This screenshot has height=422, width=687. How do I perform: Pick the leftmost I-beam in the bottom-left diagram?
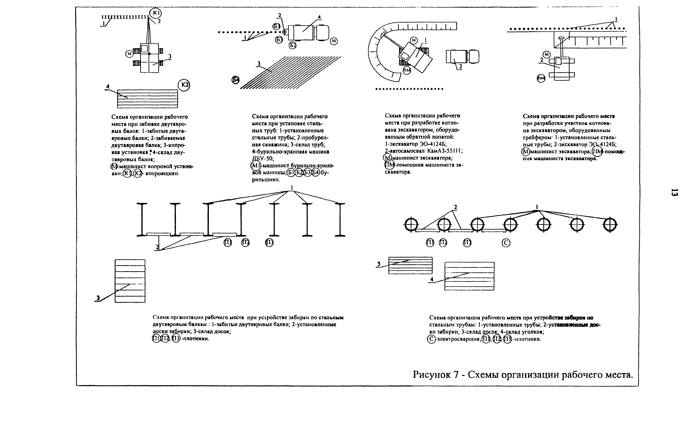point(142,220)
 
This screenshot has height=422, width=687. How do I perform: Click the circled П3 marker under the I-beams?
point(269,243)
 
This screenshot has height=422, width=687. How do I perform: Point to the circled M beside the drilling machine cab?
point(334,41)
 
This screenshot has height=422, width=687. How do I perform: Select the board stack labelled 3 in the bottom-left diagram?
point(130,281)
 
